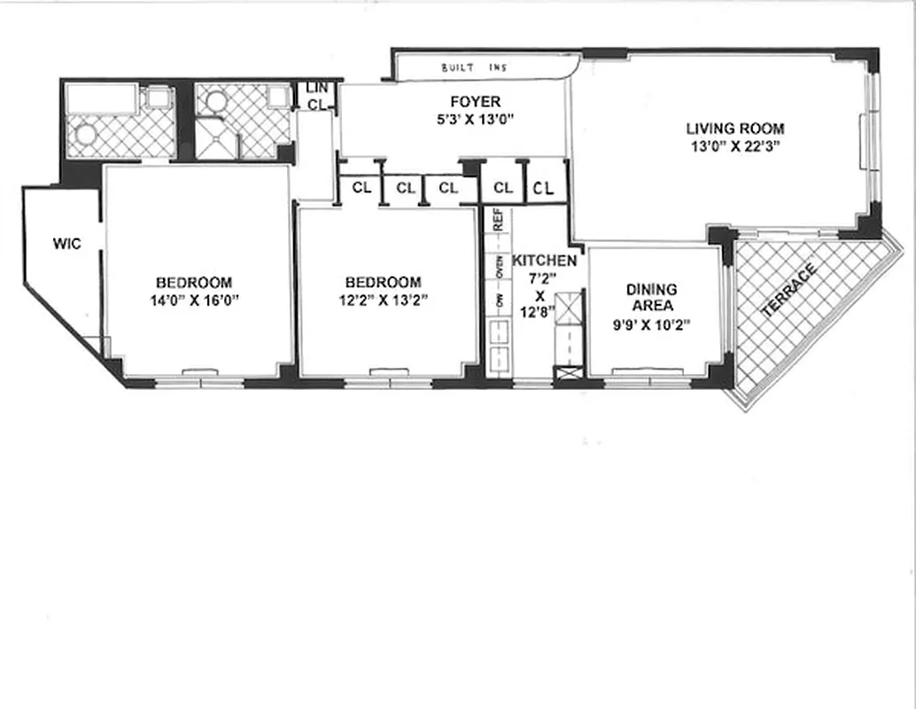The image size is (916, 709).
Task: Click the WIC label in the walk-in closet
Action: click(66, 244)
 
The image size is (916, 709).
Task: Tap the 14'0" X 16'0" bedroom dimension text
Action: click(195, 300)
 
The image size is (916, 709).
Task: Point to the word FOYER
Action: click(475, 102)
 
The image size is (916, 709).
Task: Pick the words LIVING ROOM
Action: click(734, 129)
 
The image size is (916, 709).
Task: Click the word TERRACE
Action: click(789, 292)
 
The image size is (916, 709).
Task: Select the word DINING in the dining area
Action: click(651, 290)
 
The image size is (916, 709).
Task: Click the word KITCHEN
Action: click(545, 261)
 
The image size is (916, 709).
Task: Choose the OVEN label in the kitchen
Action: click(499, 265)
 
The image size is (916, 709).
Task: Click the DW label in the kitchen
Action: click(499, 301)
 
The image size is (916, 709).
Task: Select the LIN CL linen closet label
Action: click(316, 96)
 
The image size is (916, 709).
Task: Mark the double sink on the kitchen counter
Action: click(499, 346)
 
